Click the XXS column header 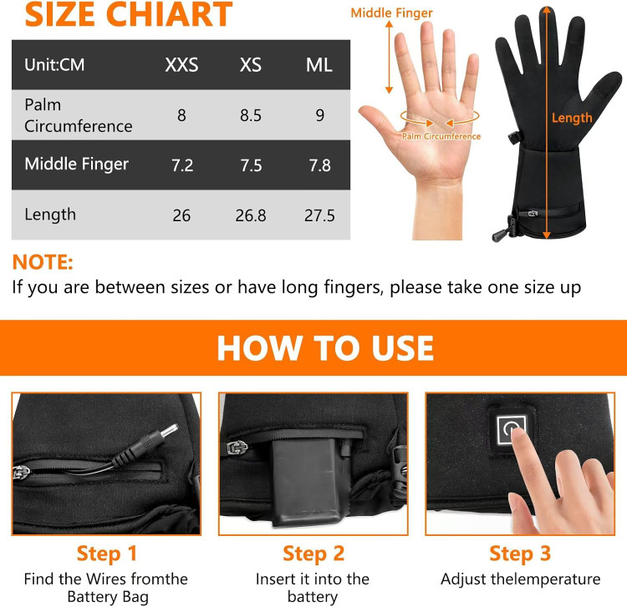pyautogui.click(x=181, y=64)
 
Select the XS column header pyautogui.click(x=251, y=64)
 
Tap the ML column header pyautogui.click(x=319, y=64)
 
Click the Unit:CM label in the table pyautogui.click(x=54, y=64)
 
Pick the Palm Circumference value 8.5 pyautogui.click(x=251, y=115)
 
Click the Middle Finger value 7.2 pyautogui.click(x=182, y=165)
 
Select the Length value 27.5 pyautogui.click(x=319, y=215)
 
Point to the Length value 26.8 pyautogui.click(x=251, y=215)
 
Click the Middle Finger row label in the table pyautogui.click(x=76, y=164)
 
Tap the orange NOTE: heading pyautogui.click(x=43, y=262)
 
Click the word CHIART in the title pyautogui.click(x=169, y=14)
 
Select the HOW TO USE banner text pyautogui.click(x=325, y=348)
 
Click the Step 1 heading pyautogui.click(x=107, y=554)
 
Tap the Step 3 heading pyautogui.click(x=520, y=554)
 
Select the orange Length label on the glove pyautogui.click(x=572, y=118)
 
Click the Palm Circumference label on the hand pyautogui.click(x=441, y=136)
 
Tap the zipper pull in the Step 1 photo pyautogui.click(x=21, y=472)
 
